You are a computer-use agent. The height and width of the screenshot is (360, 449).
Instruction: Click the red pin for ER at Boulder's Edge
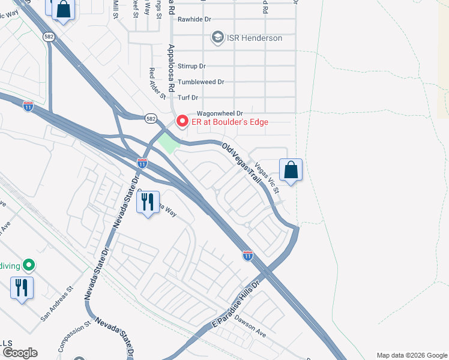(x=182, y=122)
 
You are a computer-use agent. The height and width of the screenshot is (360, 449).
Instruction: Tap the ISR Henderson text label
(x=254, y=38)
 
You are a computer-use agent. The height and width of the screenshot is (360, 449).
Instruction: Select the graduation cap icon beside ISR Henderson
(x=217, y=38)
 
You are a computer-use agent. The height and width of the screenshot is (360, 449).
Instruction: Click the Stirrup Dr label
(x=191, y=66)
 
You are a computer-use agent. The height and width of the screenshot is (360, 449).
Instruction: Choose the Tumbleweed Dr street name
(x=200, y=82)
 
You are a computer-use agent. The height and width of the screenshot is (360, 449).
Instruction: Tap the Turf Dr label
(x=187, y=98)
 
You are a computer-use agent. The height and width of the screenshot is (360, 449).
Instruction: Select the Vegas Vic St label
(x=267, y=178)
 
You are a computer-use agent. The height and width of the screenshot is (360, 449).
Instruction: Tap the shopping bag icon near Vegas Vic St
(x=291, y=170)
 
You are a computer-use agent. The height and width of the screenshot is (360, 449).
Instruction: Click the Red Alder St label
(x=157, y=83)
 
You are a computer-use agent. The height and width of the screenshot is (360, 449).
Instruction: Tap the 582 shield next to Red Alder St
(x=150, y=119)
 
